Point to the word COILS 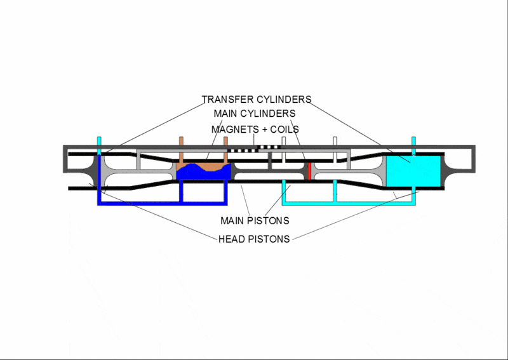click(284, 130)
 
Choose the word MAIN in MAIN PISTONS click(232, 221)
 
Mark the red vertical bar click(309, 171)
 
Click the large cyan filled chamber click(413, 171)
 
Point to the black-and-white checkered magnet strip click(254, 149)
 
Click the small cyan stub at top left click(99, 145)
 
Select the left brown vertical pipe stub click(181, 150)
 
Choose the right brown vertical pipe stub click(225, 150)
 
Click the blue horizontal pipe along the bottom click(163, 204)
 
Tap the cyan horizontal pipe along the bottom click(349, 204)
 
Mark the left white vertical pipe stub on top click(284, 149)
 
